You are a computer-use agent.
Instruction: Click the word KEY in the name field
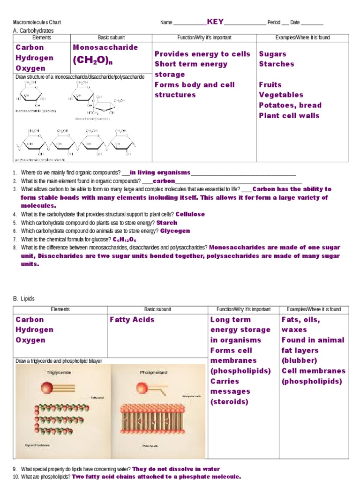point(215,22)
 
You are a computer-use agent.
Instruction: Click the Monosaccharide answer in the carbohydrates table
point(105,47)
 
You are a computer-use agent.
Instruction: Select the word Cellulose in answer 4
point(190,214)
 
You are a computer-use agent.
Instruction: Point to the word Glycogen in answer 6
point(175,231)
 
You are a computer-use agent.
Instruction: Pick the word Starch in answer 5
point(167,223)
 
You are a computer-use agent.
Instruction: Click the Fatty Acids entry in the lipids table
point(132,320)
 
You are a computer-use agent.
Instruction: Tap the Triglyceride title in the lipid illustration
point(59,372)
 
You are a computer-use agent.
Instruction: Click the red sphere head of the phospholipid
point(142,388)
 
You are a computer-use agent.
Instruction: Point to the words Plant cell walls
point(289,116)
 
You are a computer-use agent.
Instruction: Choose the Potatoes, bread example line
point(290,105)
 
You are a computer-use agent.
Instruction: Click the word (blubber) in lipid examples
point(299,360)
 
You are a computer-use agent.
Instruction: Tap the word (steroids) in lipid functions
point(230,402)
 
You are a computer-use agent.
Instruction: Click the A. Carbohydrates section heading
point(33,30)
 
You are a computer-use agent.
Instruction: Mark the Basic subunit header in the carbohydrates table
point(109,37)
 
